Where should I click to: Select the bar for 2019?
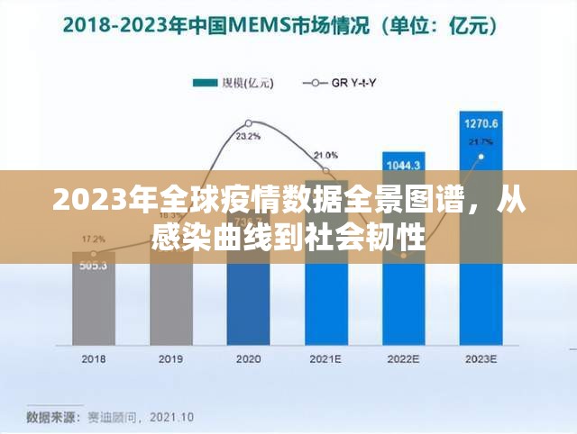171,297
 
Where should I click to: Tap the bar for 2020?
249,288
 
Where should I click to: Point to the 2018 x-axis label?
94,358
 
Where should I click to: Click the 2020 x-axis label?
248,358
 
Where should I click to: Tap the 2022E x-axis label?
404,358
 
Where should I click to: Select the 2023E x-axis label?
481,358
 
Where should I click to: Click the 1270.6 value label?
481,122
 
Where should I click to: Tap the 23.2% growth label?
249,137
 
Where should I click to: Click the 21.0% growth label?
326,155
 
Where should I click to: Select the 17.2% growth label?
94,240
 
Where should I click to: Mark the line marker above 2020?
249,122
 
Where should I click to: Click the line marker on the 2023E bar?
481,157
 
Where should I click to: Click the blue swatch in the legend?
206,83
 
